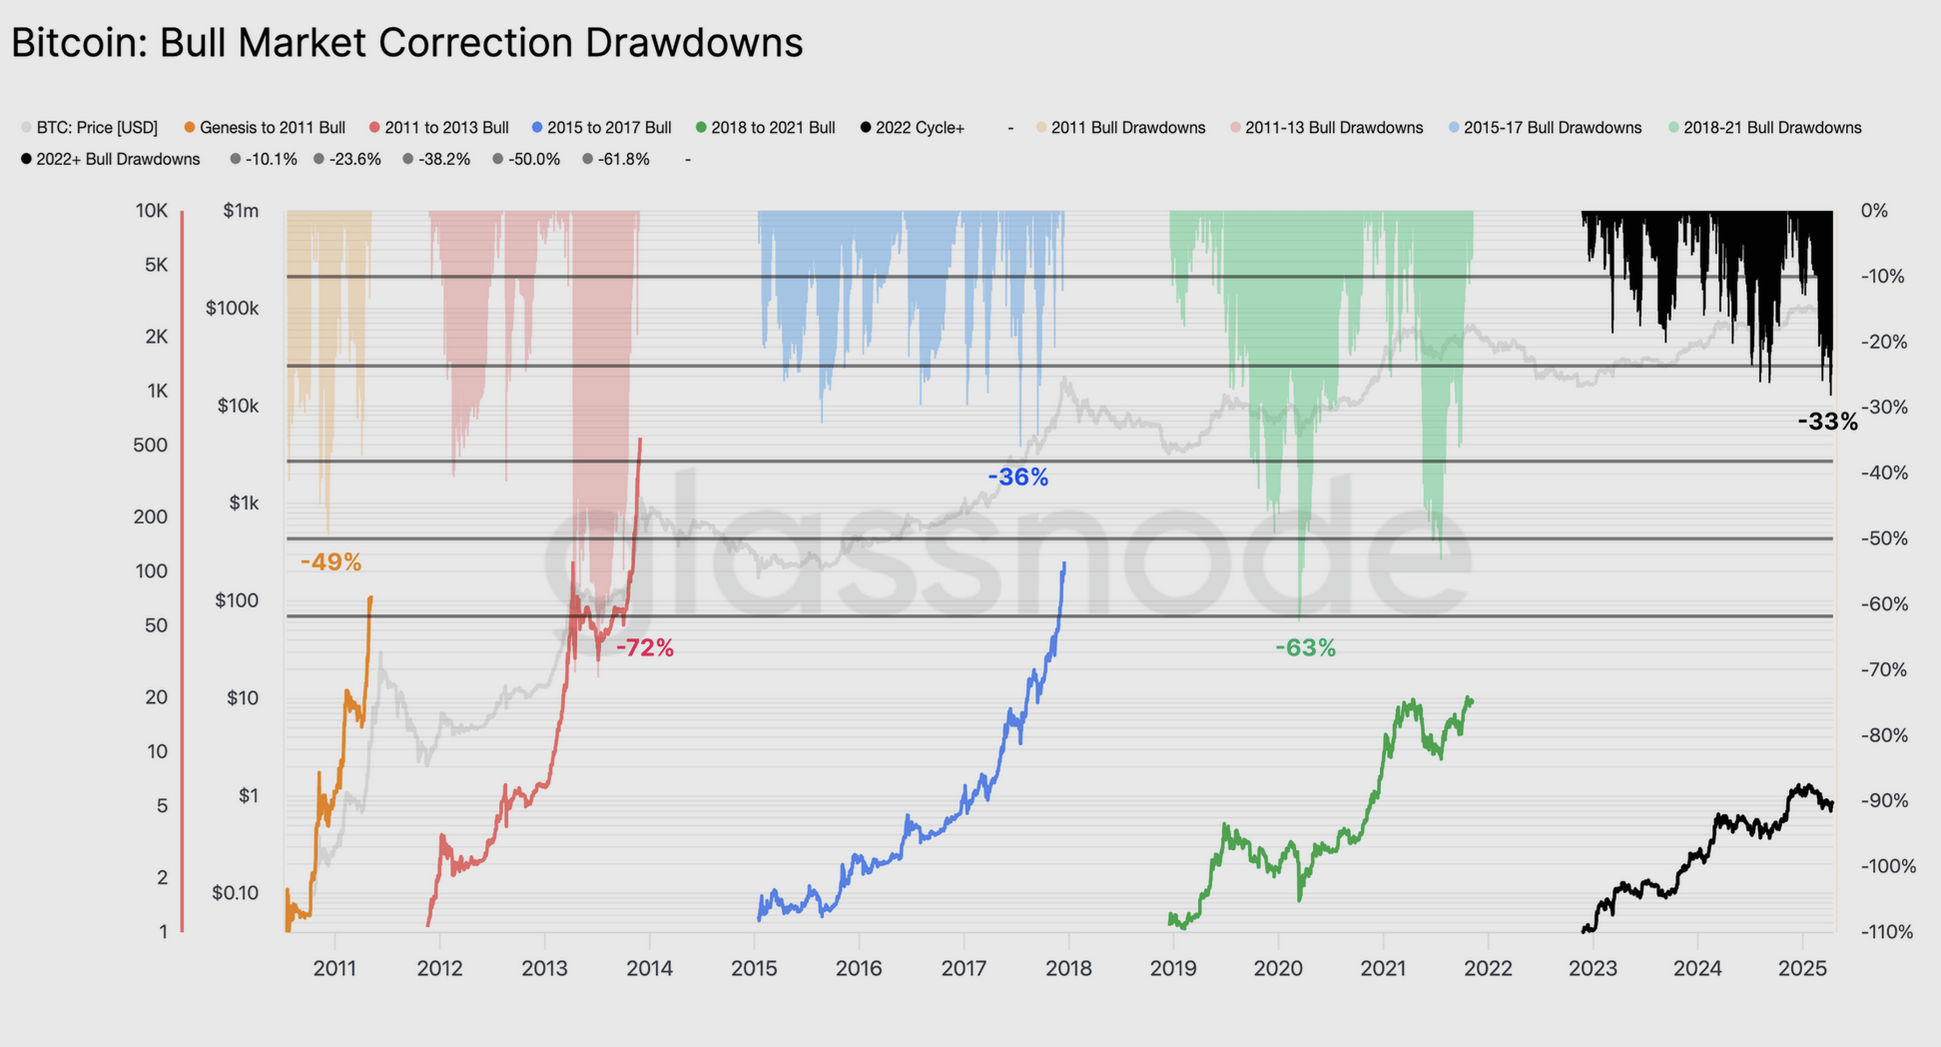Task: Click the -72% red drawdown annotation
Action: click(644, 648)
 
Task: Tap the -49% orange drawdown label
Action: click(330, 562)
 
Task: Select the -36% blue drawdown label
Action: click(1017, 478)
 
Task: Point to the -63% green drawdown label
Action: click(1304, 648)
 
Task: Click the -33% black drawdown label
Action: click(1827, 422)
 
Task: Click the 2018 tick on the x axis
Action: click(1068, 968)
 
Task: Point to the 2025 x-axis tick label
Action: click(1802, 968)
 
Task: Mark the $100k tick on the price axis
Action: click(232, 308)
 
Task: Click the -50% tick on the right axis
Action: click(1884, 538)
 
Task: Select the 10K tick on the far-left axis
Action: click(152, 211)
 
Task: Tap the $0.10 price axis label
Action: click(235, 892)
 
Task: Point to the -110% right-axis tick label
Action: click(1887, 932)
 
